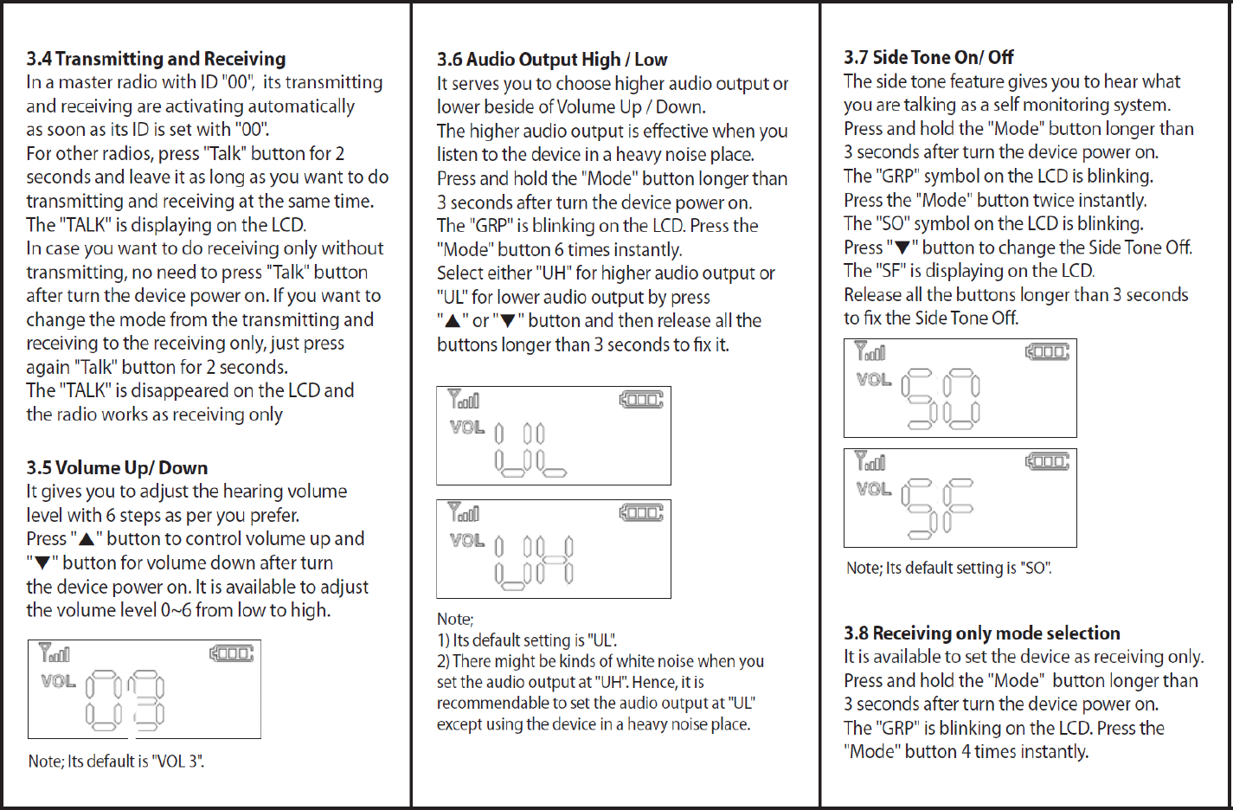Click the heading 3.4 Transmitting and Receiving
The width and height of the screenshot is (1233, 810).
[x=156, y=59]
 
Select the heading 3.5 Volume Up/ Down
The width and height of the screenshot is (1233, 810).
[x=117, y=468]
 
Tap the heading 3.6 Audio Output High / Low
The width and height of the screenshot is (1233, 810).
[x=552, y=60]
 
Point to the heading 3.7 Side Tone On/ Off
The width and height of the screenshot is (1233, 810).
[x=928, y=57]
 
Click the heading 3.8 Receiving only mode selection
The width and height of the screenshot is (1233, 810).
[x=982, y=633]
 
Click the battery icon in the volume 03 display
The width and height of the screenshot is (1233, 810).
[x=232, y=653]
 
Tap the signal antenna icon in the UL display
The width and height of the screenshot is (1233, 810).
[x=463, y=399]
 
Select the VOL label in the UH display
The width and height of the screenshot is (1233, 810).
[x=467, y=540]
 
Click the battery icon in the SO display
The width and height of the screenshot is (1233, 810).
[x=1047, y=351]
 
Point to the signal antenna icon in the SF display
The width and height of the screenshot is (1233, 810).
[x=870, y=460]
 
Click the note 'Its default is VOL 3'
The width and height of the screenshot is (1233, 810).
[x=116, y=762]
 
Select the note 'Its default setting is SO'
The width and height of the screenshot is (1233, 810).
[x=949, y=569]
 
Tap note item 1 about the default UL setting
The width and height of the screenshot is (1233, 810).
[x=527, y=640]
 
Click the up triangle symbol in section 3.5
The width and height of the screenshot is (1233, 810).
[x=87, y=539]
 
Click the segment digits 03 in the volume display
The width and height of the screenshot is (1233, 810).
[x=125, y=699]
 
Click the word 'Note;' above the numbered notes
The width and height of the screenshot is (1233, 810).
[x=455, y=620]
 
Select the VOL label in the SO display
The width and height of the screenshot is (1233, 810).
[x=874, y=379]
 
